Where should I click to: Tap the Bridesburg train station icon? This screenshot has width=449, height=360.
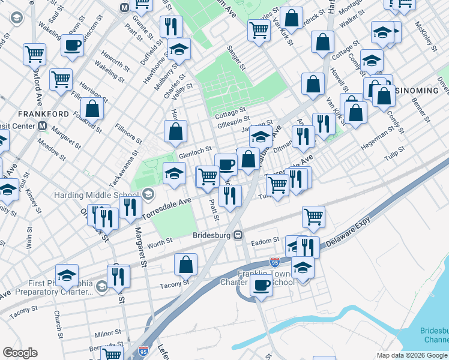point(238,235)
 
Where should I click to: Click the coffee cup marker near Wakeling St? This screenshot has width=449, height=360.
point(71,45)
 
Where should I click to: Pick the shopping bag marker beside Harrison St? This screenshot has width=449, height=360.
point(92,109)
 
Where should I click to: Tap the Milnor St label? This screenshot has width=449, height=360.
point(109,332)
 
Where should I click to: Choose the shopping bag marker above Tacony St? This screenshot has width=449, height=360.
point(186,263)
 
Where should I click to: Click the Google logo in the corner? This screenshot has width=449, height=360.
point(20,353)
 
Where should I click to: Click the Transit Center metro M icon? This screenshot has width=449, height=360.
point(42,126)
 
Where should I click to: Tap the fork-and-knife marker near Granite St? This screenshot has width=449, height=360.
point(171,26)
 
